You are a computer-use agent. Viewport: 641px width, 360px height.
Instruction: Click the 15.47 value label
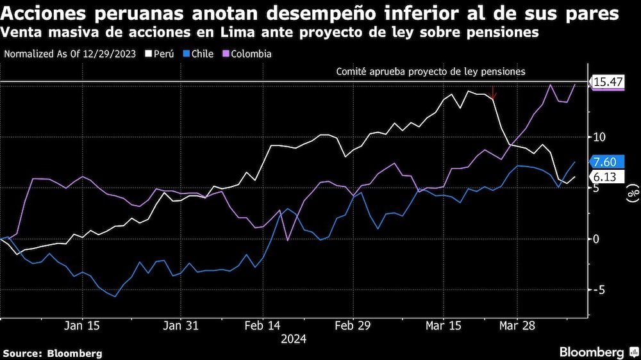pyautogui.click(x=608, y=82)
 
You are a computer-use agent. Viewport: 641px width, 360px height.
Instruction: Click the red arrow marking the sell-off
pyautogui.click(x=492, y=93)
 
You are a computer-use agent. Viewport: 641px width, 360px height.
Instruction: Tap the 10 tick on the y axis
pyautogui.click(x=598, y=137)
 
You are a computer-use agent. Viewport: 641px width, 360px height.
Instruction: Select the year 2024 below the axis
pyautogui.click(x=293, y=340)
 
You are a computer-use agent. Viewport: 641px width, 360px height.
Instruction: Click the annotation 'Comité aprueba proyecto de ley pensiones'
pyautogui.click(x=431, y=72)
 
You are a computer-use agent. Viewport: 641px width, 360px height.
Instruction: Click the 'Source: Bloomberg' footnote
pyautogui.click(x=53, y=353)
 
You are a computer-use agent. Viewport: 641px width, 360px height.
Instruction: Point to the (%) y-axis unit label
pyautogui.click(x=631, y=193)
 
